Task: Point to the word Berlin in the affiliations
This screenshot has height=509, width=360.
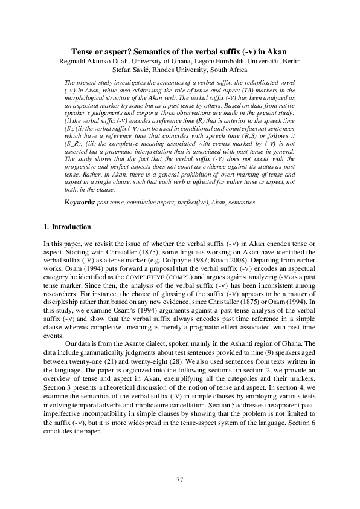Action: point(289,61)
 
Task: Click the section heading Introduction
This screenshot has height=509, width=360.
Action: point(72,227)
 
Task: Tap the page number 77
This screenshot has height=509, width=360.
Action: point(179,479)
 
